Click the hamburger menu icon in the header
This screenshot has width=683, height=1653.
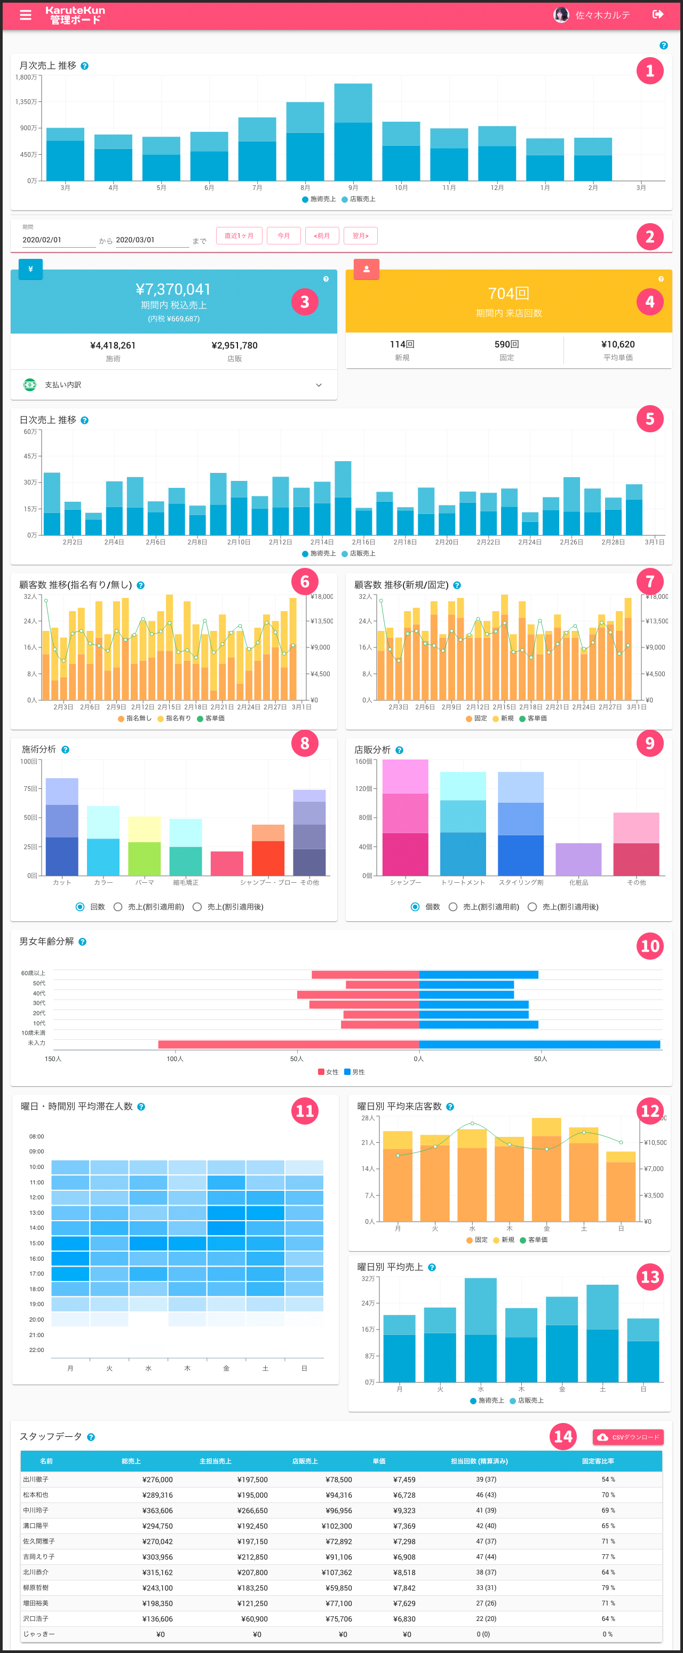(26, 15)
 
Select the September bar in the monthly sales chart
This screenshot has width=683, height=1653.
(353, 132)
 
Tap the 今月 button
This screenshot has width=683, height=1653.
(283, 235)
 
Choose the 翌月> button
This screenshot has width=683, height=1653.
(360, 235)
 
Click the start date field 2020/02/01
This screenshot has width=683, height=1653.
(58, 240)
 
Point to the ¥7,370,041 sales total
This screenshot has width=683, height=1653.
(173, 289)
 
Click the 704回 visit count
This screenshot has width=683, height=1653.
(508, 293)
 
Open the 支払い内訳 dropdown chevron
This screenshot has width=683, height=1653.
(319, 385)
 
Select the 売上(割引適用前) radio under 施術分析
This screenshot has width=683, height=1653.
(118, 907)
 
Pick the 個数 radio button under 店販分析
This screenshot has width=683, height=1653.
(415, 907)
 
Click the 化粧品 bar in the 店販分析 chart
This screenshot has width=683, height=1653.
(578, 859)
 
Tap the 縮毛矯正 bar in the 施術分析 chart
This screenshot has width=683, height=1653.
(185, 847)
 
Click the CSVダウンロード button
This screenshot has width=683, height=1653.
(628, 1437)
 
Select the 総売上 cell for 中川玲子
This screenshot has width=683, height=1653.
(157, 1510)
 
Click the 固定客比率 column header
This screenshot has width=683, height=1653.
(598, 1461)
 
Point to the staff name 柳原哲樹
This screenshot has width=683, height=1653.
(36, 1587)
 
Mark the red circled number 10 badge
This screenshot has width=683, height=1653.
(650, 946)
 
